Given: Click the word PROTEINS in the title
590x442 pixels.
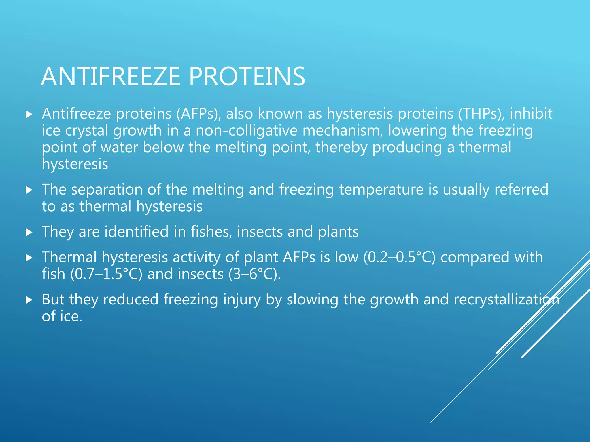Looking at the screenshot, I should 247,77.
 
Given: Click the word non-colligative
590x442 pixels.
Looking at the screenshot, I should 246,130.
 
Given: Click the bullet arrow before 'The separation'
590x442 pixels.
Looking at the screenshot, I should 29,190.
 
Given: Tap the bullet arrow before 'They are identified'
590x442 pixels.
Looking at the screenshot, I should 29,232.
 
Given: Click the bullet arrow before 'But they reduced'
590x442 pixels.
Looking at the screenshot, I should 29,300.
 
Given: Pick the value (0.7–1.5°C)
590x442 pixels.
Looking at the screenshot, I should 106,274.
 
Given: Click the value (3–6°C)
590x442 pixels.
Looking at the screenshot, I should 254,274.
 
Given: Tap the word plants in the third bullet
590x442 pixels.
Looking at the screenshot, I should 338,232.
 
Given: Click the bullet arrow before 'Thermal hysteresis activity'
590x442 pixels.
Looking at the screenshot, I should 29,258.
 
